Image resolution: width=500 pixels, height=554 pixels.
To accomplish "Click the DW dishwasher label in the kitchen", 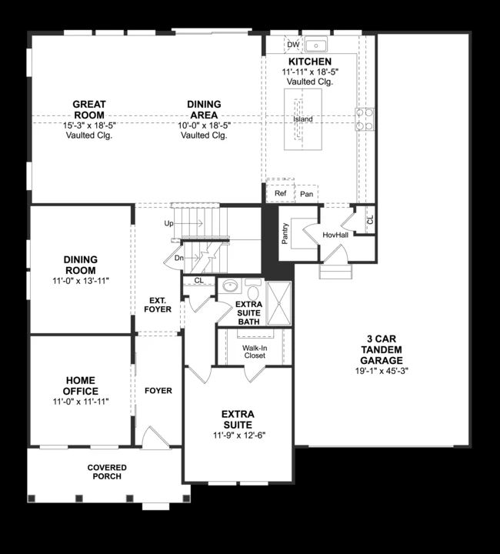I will tap(292, 44).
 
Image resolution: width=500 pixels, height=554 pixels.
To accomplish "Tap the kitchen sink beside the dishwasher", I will tap(315, 44).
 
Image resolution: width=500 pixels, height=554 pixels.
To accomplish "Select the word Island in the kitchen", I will tap(302, 119).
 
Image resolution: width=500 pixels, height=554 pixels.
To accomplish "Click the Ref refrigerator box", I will tap(281, 193).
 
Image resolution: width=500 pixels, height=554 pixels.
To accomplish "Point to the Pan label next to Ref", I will tap(305, 193).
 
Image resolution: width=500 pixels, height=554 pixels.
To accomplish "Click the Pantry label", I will tap(285, 233).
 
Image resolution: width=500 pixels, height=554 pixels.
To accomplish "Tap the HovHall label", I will tap(335, 234).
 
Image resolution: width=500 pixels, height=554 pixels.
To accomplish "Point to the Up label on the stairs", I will tap(168, 223).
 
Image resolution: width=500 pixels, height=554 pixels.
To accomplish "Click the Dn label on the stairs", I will tap(178, 258).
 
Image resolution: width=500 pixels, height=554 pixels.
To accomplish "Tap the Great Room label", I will tap(89, 109).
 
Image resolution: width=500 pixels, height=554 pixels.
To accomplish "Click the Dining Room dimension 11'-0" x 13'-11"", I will tap(80, 281).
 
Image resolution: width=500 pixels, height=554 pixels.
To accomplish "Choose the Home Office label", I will tap(80, 385).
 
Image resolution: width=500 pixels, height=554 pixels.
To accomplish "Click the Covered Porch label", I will tap(107, 472).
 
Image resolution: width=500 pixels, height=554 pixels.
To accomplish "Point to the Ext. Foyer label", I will tap(158, 305).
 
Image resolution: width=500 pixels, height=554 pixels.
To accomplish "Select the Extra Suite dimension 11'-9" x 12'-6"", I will tap(238, 436).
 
